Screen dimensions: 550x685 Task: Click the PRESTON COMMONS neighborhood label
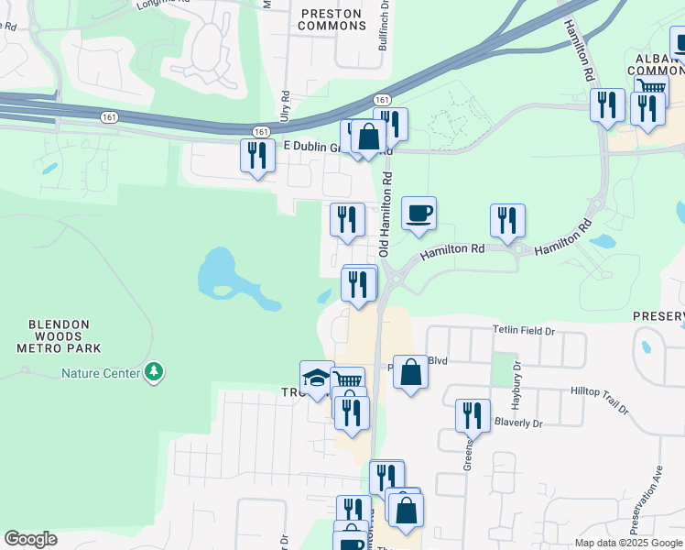[x=332, y=18]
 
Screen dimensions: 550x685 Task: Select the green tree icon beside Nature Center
[x=156, y=372]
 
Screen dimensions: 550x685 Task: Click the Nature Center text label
[x=101, y=373]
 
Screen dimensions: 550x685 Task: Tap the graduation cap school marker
[x=317, y=378]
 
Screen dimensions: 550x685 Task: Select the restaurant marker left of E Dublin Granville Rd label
[x=257, y=155]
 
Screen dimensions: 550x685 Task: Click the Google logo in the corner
[x=30, y=539]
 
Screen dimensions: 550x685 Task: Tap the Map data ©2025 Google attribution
[x=628, y=543]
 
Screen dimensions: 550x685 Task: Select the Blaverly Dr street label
[x=518, y=423]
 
